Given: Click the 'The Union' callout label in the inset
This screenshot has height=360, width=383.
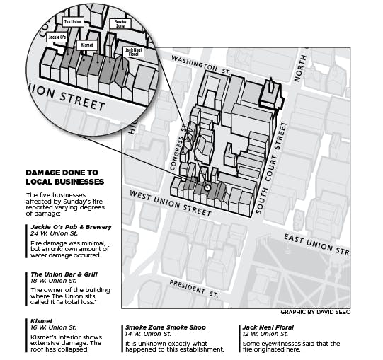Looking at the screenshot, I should point(74,23).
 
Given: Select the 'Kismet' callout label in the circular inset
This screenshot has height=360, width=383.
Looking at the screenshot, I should point(88,44).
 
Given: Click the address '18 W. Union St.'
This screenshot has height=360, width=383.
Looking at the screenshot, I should point(53,281).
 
